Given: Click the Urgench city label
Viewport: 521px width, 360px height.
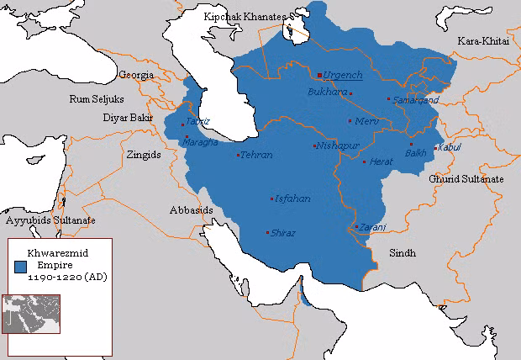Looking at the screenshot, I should point(343,75).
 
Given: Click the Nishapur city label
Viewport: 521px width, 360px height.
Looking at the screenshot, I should point(337,146).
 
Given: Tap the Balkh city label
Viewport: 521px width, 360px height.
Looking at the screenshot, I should point(416,153).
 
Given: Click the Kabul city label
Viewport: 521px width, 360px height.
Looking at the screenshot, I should point(450,148).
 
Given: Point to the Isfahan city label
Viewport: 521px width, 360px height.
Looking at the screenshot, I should point(292,199).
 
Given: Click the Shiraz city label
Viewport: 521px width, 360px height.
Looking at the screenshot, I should point(283,233).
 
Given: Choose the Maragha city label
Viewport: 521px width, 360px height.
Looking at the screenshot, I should point(199,141).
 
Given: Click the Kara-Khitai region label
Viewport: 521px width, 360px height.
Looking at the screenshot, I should point(482,41).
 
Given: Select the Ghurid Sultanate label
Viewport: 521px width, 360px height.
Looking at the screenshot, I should point(466,179).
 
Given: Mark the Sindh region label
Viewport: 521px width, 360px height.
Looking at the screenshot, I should point(402,252).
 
